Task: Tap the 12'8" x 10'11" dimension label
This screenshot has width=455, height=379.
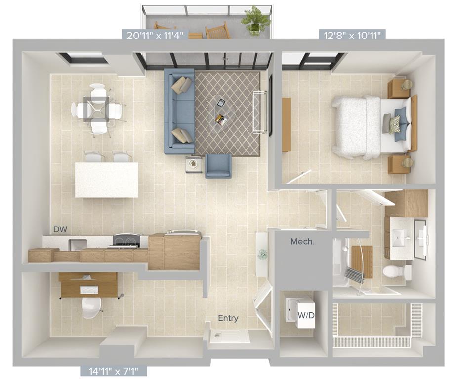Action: (x=352, y=35)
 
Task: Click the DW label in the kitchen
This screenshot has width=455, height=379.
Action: (x=60, y=229)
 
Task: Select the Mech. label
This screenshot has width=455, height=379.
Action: (x=303, y=242)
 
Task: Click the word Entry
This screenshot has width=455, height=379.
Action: (x=228, y=318)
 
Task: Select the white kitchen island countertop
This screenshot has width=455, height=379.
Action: (x=106, y=180)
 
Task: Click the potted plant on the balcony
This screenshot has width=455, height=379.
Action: (x=256, y=20)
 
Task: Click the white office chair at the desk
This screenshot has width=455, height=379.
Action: (x=91, y=306)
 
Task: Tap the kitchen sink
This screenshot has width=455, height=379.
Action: (x=78, y=244)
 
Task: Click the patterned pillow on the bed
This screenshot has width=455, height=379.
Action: (x=395, y=124)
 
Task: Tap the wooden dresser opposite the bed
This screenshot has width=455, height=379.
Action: (x=286, y=125)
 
